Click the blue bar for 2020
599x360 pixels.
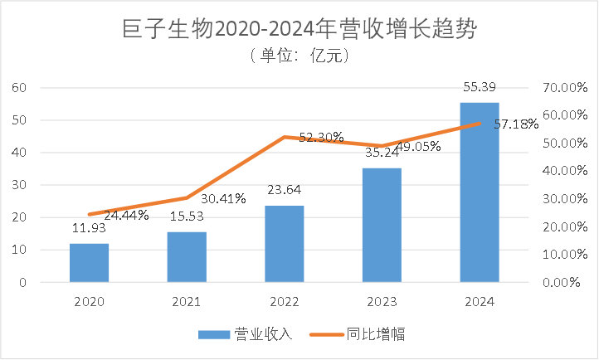pyautogui.click(x=89, y=262)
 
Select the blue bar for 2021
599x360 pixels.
pyautogui.click(x=187, y=256)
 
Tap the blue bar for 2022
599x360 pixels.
pyautogui.click(x=285, y=243)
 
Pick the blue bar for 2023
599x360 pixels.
pyautogui.click(x=382, y=225)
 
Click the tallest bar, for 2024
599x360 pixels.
pyautogui.click(x=480, y=192)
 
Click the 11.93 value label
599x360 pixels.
pyautogui.click(x=89, y=229)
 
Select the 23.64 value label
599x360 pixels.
pyautogui.click(x=285, y=191)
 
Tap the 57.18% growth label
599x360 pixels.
pyautogui.click(x=516, y=124)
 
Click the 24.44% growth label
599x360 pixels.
pyautogui.click(x=127, y=215)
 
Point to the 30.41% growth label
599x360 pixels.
pyautogui.click(x=223, y=198)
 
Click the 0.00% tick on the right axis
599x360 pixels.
pyautogui.click(x=565, y=282)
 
